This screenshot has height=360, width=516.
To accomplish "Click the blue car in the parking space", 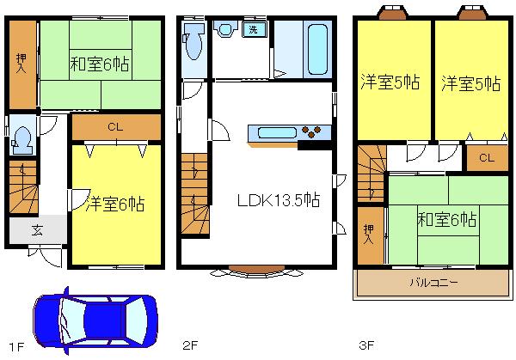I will pyautogui.click(x=95, y=321).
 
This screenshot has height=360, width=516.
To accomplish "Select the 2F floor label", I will pyautogui.click(x=191, y=346).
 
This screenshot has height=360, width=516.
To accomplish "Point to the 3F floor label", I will pyautogui.click(x=367, y=346).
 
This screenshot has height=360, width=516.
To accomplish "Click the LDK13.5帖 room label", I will pyautogui.click(x=279, y=199).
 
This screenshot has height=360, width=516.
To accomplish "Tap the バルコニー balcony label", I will pyautogui.click(x=433, y=281).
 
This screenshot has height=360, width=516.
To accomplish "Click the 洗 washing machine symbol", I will pyautogui.click(x=255, y=29).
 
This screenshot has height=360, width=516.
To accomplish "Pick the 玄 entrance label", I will pyautogui.click(x=38, y=230).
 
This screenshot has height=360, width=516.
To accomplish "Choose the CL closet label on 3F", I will pyautogui.click(x=487, y=158).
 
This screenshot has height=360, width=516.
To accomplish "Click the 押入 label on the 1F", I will pyautogui.click(x=21, y=65).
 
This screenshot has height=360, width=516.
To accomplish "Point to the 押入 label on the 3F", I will pyautogui.click(x=368, y=234).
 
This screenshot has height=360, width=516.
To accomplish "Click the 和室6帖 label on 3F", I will pyautogui.click(x=447, y=219).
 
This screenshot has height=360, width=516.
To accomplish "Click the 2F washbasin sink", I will pyautogui.click(x=226, y=30).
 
